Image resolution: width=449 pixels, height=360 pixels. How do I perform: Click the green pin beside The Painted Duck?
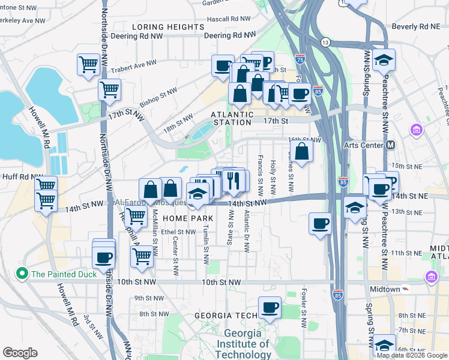(22, 274)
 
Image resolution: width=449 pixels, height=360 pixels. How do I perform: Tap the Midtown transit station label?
(384, 289)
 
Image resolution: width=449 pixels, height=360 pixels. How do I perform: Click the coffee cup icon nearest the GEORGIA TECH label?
(270, 308)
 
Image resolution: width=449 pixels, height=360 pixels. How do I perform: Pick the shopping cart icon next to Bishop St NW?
(109, 89)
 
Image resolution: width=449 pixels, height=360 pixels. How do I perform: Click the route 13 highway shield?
(325, 43)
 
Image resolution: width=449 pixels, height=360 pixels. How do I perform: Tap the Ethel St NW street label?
(175, 231)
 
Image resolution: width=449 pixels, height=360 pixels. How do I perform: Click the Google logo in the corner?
(20, 353)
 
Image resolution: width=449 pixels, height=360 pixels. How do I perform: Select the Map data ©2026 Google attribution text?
(411, 355)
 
